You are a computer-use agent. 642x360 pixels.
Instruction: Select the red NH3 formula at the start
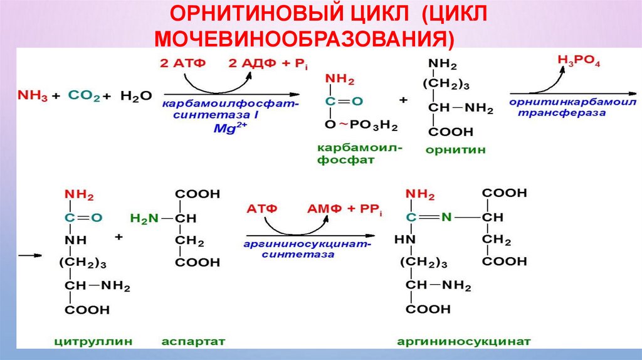pyautogui.click(x=34, y=95)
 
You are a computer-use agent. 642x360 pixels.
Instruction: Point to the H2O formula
pyautogui.click(x=135, y=95)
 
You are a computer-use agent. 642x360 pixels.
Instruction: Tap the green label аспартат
pyautogui.click(x=193, y=342)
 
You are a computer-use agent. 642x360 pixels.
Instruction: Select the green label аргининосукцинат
pyautogui.click(x=464, y=342)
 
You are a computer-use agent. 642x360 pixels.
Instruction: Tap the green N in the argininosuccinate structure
pyautogui.click(x=446, y=218)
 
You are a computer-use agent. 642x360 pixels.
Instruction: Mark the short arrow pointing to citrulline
pyautogui.click(x=30, y=256)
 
